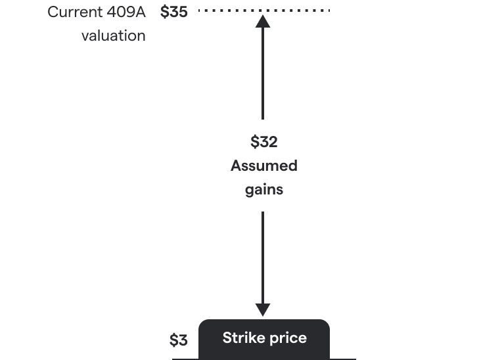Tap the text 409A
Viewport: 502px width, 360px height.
(x=126, y=12)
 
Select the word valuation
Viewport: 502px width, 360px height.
(x=114, y=35)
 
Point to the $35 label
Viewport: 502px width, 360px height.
(x=174, y=12)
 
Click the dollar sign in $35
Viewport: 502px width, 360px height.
(x=164, y=12)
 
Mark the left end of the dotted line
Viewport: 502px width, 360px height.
(x=200, y=11)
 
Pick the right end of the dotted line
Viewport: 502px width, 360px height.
(x=327, y=11)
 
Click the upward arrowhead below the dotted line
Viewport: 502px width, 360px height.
(x=263, y=21)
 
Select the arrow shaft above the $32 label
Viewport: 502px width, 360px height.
(x=263, y=72)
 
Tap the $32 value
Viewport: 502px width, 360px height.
(x=263, y=142)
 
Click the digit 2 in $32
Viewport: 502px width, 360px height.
(x=272, y=142)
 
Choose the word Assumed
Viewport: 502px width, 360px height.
(x=263, y=166)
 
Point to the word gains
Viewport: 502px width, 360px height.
(x=263, y=190)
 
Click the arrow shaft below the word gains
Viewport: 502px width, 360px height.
(x=263, y=256)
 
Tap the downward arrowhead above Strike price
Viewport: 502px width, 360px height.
(x=263, y=310)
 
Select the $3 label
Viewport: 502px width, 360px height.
(x=178, y=340)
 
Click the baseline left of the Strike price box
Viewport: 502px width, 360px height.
(x=185, y=359)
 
